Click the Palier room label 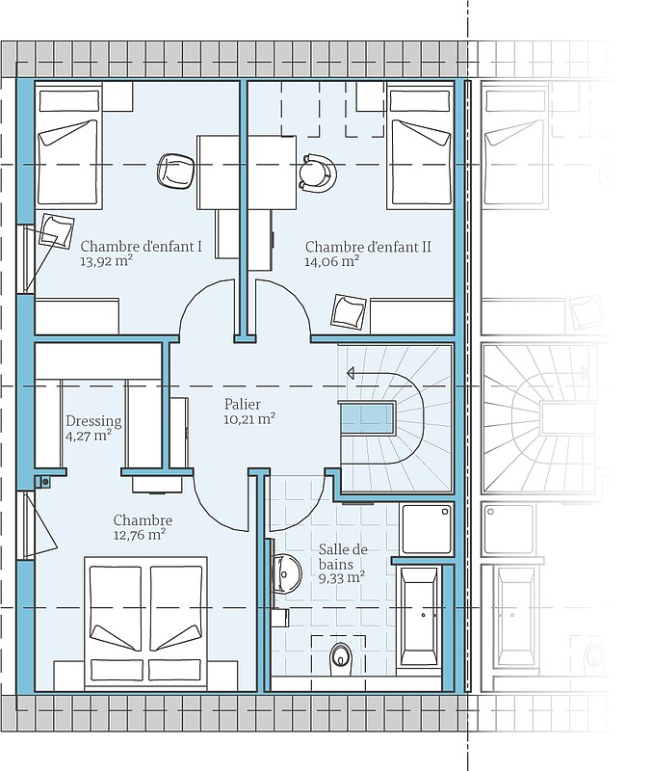coord(243,404)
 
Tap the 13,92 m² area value coord(107,260)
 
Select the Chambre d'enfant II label coord(368,247)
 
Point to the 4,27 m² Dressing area coord(88,436)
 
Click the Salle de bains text coord(343,557)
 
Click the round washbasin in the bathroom coord(286,572)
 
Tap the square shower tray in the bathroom coord(427,528)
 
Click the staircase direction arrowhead coord(351,374)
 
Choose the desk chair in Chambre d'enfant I coord(175,171)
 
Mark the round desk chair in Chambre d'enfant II coord(317,173)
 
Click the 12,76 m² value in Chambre coord(139,535)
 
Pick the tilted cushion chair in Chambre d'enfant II coord(349,311)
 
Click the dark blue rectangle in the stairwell coord(367,419)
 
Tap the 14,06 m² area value coord(331,260)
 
